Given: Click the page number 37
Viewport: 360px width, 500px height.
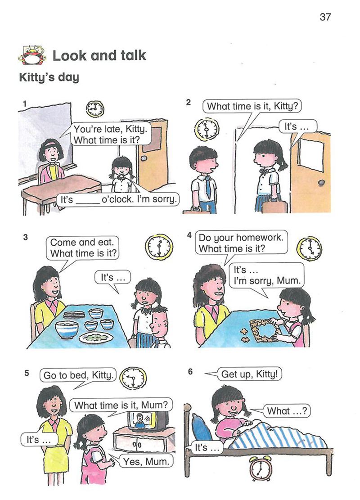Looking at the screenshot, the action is (325, 17).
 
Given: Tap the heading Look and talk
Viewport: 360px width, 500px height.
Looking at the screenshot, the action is (99, 55).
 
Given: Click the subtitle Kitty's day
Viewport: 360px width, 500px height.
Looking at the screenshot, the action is (49, 77).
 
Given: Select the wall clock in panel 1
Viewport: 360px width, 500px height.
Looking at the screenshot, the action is (95, 109).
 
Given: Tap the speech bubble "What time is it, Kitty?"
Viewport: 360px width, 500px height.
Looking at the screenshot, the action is (252, 107).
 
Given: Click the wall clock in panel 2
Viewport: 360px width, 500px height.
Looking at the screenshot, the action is (206, 129).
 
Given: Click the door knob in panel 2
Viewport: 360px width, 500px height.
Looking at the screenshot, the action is (322, 183).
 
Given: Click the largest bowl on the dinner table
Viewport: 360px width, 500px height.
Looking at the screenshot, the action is (67, 329).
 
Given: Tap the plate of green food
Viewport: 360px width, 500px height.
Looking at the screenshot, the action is (96, 338).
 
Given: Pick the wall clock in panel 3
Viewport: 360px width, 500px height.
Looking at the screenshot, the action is (159, 247).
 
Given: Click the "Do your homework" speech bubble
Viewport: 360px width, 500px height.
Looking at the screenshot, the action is (241, 243).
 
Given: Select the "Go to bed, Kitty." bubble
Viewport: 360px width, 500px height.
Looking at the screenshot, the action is (78, 375).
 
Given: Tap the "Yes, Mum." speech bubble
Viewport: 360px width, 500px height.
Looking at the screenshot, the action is (146, 461).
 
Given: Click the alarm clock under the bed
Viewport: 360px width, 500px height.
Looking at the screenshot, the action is (261, 469).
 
